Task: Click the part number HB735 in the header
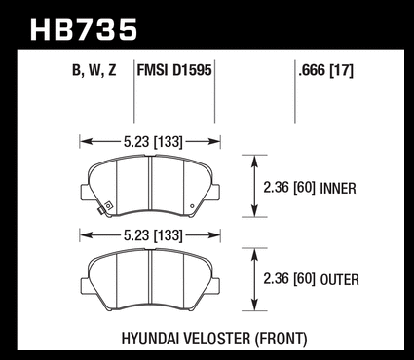coord(84,30)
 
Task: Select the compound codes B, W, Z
coord(94,70)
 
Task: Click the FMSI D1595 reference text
coord(174,70)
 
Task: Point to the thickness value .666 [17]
coord(325,70)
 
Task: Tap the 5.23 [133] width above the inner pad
coord(153,142)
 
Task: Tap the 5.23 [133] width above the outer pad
coord(153,235)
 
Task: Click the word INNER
coord(338,189)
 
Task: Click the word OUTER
coord(339,280)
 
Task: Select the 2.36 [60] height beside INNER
coord(289,188)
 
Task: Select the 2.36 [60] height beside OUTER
coord(289,279)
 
